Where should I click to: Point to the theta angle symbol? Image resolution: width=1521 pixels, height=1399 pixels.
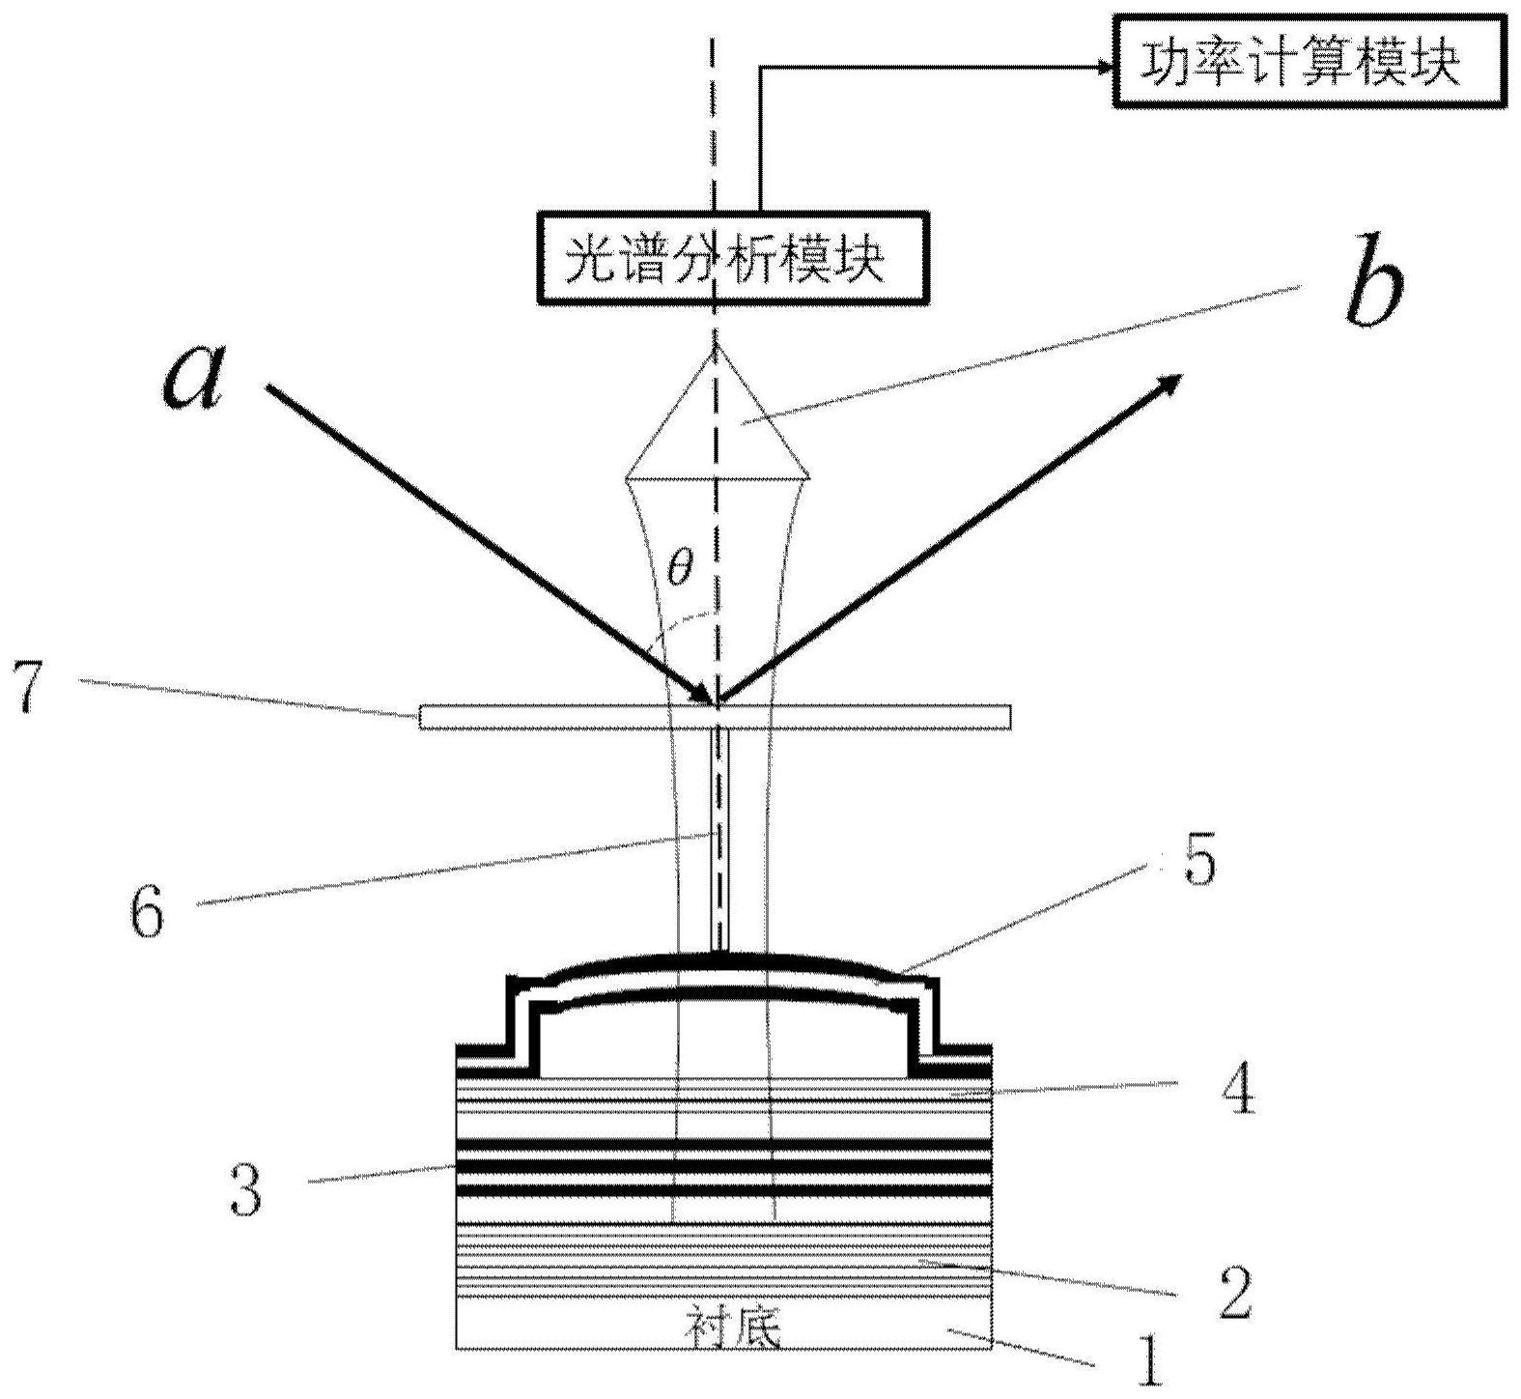point(680,568)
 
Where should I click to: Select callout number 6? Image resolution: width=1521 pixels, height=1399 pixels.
point(147,911)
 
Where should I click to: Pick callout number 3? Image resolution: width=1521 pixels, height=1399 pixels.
point(244,1189)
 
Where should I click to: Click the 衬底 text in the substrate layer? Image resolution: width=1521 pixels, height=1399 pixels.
point(732,1328)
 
